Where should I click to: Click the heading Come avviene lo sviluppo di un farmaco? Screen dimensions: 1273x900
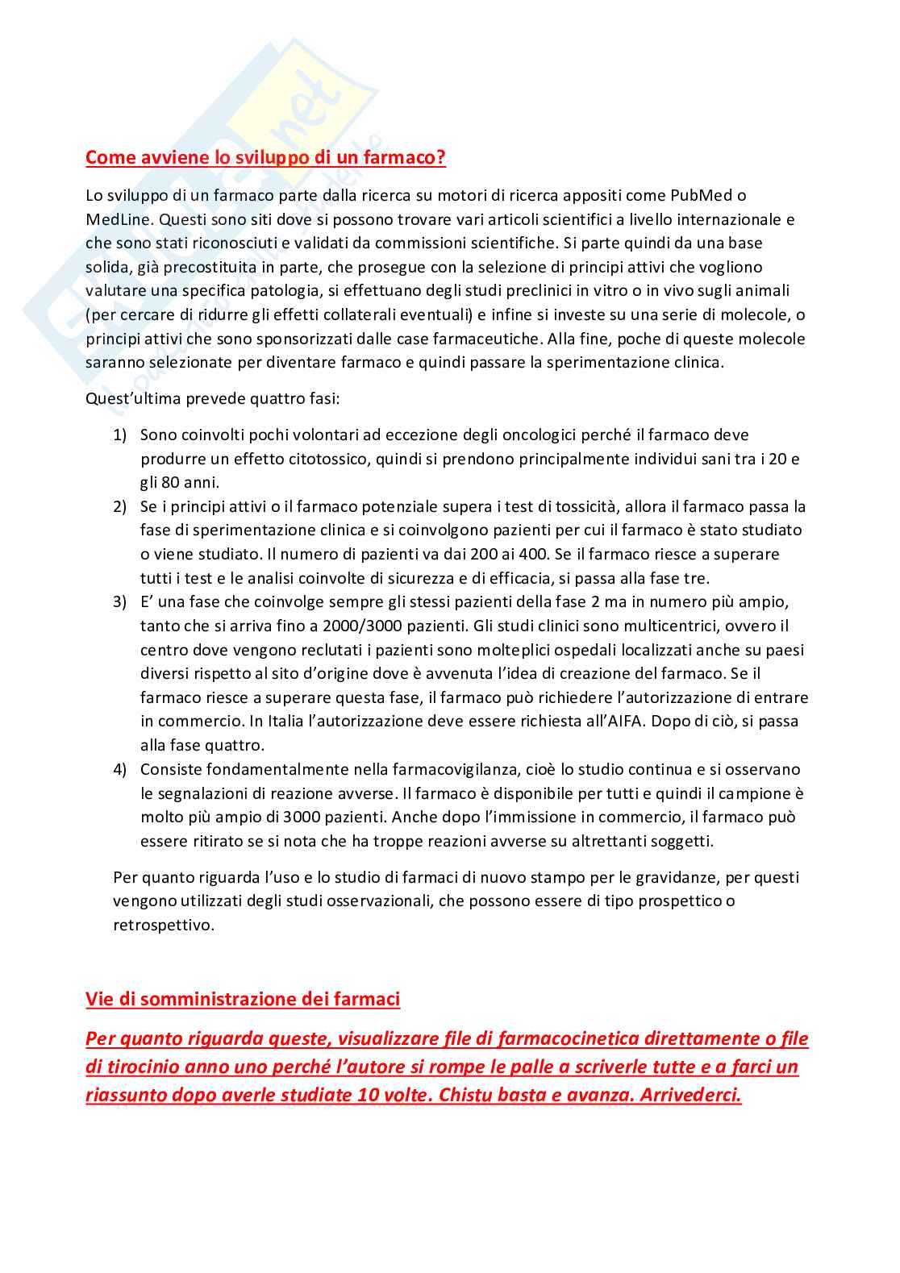(265, 157)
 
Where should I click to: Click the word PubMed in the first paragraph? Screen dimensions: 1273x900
(702, 195)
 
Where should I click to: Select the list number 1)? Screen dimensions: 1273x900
(119, 435)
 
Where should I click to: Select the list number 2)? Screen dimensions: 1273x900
(119, 507)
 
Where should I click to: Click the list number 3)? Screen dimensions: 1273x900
(119, 602)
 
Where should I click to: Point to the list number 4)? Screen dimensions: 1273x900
(119, 770)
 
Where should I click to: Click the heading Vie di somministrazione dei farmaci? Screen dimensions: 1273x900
(243, 1000)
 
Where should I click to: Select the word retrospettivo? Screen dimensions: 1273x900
(163, 926)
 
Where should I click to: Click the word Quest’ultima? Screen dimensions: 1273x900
(133, 399)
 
